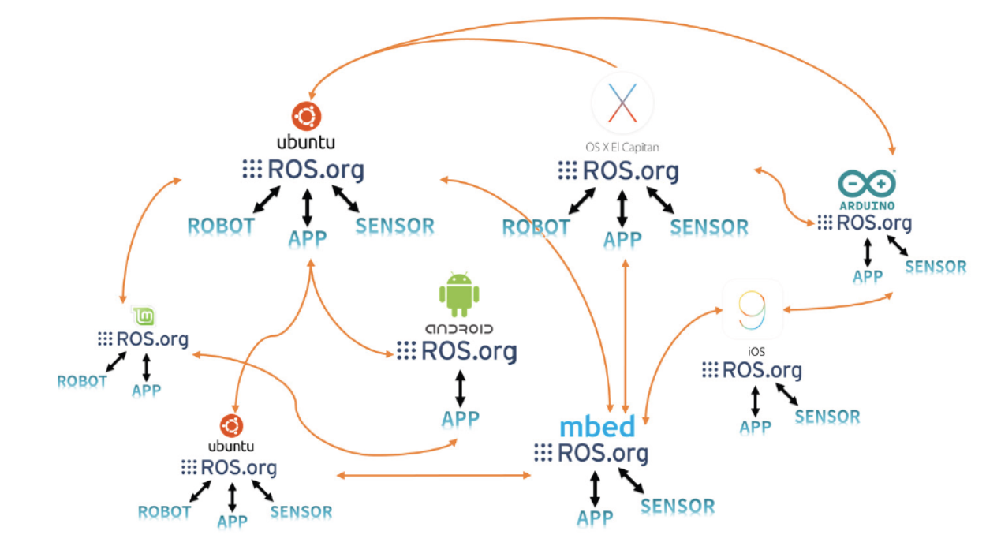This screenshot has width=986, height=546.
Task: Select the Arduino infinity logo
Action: point(866,183)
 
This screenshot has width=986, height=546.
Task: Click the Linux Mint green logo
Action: point(142,316)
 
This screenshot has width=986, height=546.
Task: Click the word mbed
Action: point(597,427)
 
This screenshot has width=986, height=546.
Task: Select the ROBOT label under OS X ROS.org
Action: point(536,228)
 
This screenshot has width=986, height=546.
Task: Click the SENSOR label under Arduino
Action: point(936,267)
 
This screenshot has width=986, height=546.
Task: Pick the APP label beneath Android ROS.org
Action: point(460,418)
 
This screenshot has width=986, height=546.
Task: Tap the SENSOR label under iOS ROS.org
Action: point(827,417)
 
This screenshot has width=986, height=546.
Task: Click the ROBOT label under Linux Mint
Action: point(82,382)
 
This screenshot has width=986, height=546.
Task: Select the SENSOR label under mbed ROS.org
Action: point(677,507)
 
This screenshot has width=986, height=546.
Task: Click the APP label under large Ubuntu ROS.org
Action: point(307,238)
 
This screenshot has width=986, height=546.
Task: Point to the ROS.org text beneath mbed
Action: point(603,454)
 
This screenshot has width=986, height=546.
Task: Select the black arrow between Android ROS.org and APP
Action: point(460,388)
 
